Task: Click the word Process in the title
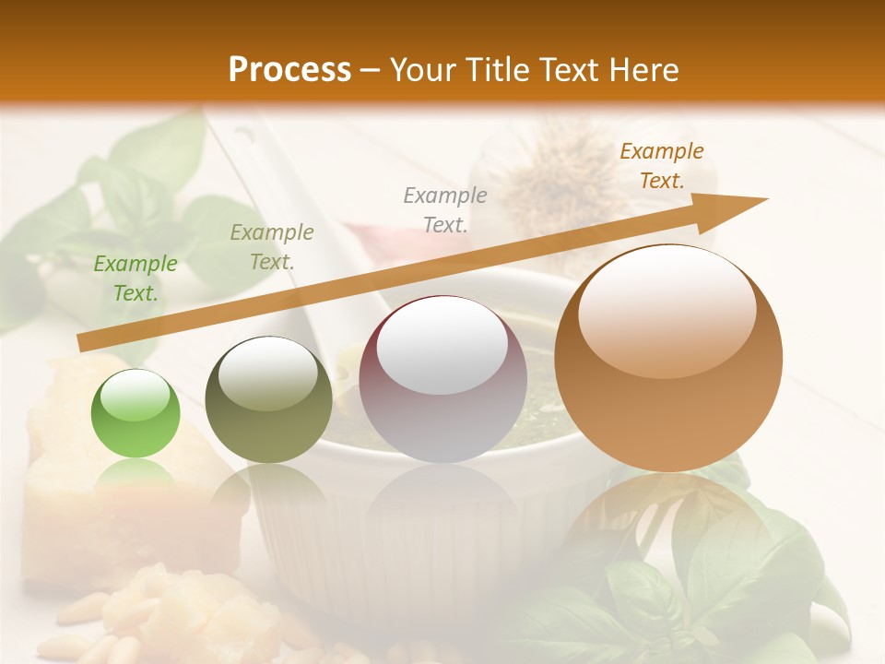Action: (x=289, y=70)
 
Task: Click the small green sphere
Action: (x=136, y=413)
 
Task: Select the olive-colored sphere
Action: (x=268, y=399)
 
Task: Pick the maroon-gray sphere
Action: (x=442, y=378)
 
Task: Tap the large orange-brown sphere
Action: (x=668, y=358)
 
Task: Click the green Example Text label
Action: (x=136, y=279)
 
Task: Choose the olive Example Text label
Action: (x=272, y=247)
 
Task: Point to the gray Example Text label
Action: (x=445, y=209)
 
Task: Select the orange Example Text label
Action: (x=662, y=166)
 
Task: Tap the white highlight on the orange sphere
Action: (x=667, y=310)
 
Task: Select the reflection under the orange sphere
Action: (x=668, y=516)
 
